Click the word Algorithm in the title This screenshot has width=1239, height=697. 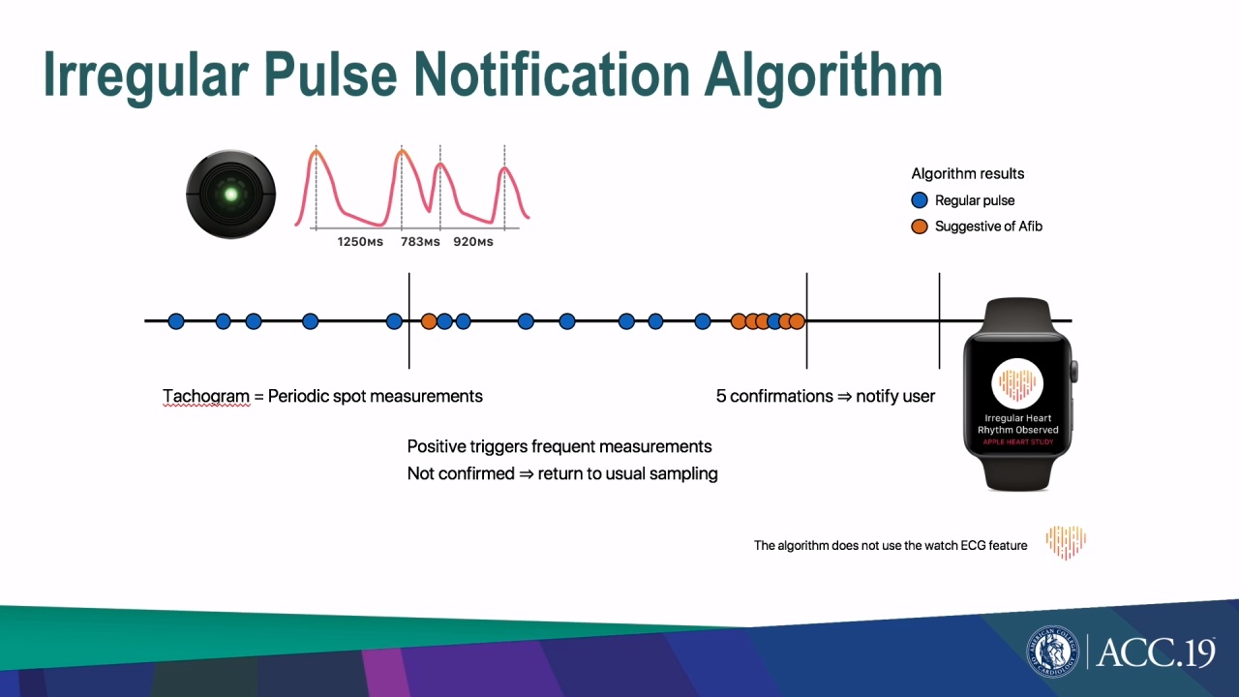click(823, 76)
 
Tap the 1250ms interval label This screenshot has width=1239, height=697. click(360, 242)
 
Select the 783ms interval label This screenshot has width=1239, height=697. click(420, 242)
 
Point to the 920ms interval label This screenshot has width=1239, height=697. click(473, 242)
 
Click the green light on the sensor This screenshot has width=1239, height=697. click(230, 195)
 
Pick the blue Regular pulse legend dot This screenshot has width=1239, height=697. click(920, 200)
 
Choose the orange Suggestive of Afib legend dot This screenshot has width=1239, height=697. click(920, 227)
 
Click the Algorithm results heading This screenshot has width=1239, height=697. click(967, 173)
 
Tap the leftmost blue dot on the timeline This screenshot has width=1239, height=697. click(176, 321)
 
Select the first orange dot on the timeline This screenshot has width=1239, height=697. click(429, 321)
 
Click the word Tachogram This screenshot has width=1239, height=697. click(206, 396)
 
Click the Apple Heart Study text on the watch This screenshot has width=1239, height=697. click(1017, 441)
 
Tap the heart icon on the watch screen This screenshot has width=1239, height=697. click(1017, 383)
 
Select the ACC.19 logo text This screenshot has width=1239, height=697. click(1155, 652)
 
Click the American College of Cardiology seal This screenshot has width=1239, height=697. click(1052, 652)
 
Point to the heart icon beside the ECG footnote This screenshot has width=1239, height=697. click(1066, 541)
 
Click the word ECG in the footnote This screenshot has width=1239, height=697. click(972, 545)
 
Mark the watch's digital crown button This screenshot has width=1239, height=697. click(1074, 371)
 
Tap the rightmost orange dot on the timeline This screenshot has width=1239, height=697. click(797, 321)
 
